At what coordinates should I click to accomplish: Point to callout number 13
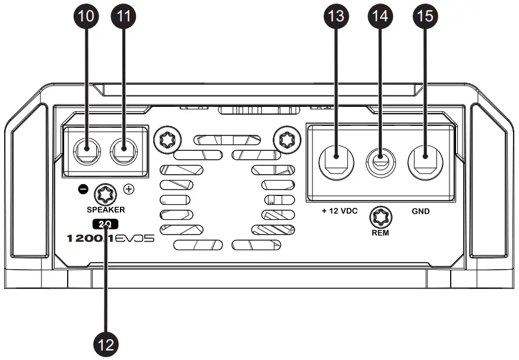point(336,17)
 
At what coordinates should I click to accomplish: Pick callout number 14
point(381,17)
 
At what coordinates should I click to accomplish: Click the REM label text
point(380,233)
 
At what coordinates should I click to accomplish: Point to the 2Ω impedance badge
point(107,224)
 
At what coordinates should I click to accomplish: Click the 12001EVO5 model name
point(107,239)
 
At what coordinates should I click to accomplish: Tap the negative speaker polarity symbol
point(84,190)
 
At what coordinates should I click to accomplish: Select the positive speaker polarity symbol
point(128,190)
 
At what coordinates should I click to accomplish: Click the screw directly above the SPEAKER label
point(107,192)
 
